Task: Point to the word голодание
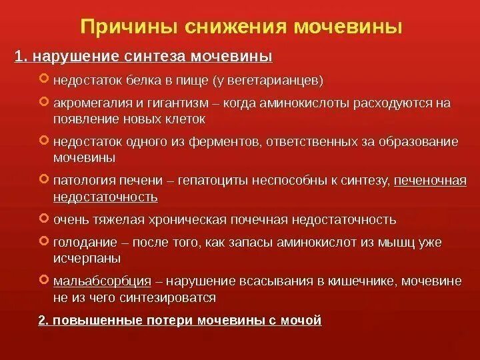pyautogui.click(x=81, y=242)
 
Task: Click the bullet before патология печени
pyautogui.click(x=44, y=180)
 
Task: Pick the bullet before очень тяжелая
pyautogui.click(x=44, y=219)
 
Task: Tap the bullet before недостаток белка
pyautogui.click(x=44, y=80)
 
